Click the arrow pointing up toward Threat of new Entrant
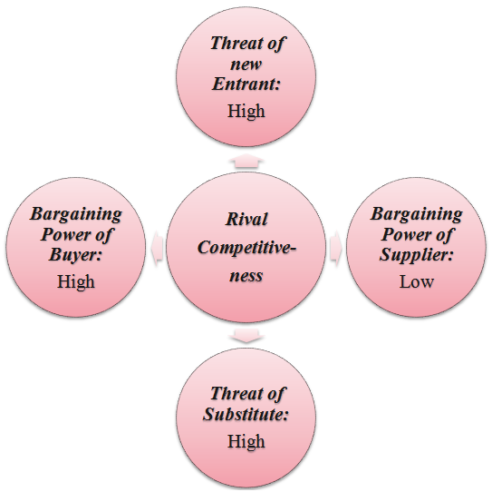click(x=246, y=162)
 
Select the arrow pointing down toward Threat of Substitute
click(x=246, y=335)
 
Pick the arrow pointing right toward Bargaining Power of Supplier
click(x=335, y=248)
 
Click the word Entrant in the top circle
click(x=246, y=84)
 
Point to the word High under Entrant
click(x=246, y=111)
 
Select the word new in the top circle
click(x=246, y=64)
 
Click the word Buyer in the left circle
click(x=75, y=255)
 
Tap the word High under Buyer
click(x=75, y=281)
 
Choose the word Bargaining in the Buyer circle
click(x=75, y=215)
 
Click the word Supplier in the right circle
click(x=417, y=255)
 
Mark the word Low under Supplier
click(x=417, y=281)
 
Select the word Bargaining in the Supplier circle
click(x=416, y=215)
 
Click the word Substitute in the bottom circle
click(x=246, y=414)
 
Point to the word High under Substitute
click(x=246, y=442)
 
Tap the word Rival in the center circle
click(x=246, y=219)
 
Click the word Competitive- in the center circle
click(x=246, y=249)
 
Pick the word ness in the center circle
click(x=246, y=276)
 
